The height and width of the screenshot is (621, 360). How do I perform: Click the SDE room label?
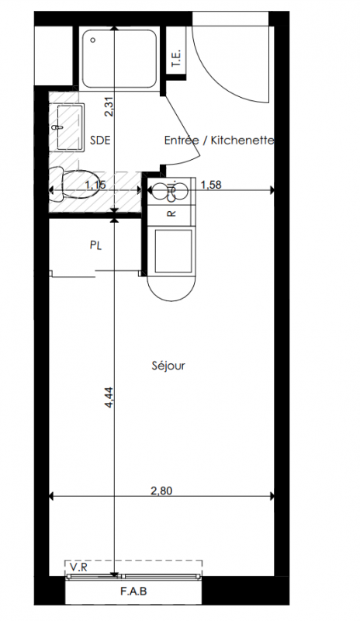click(x=100, y=141)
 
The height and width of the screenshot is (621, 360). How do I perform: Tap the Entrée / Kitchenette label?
click(x=220, y=141)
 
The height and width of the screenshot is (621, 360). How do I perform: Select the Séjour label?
click(x=168, y=366)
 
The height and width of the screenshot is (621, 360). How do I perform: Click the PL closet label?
click(x=96, y=245)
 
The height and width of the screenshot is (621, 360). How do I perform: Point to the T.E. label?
click(x=176, y=57)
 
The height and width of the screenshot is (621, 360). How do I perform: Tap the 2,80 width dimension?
click(x=161, y=491)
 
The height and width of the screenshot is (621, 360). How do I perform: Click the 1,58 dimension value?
click(x=211, y=184)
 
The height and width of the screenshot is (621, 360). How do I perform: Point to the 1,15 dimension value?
click(x=95, y=184)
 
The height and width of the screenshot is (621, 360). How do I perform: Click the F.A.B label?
click(x=133, y=592)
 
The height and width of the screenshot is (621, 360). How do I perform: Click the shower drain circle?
click(x=93, y=40)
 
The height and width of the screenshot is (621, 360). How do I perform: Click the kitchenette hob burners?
click(x=171, y=190)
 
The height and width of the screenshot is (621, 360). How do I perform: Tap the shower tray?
click(x=119, y=58)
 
